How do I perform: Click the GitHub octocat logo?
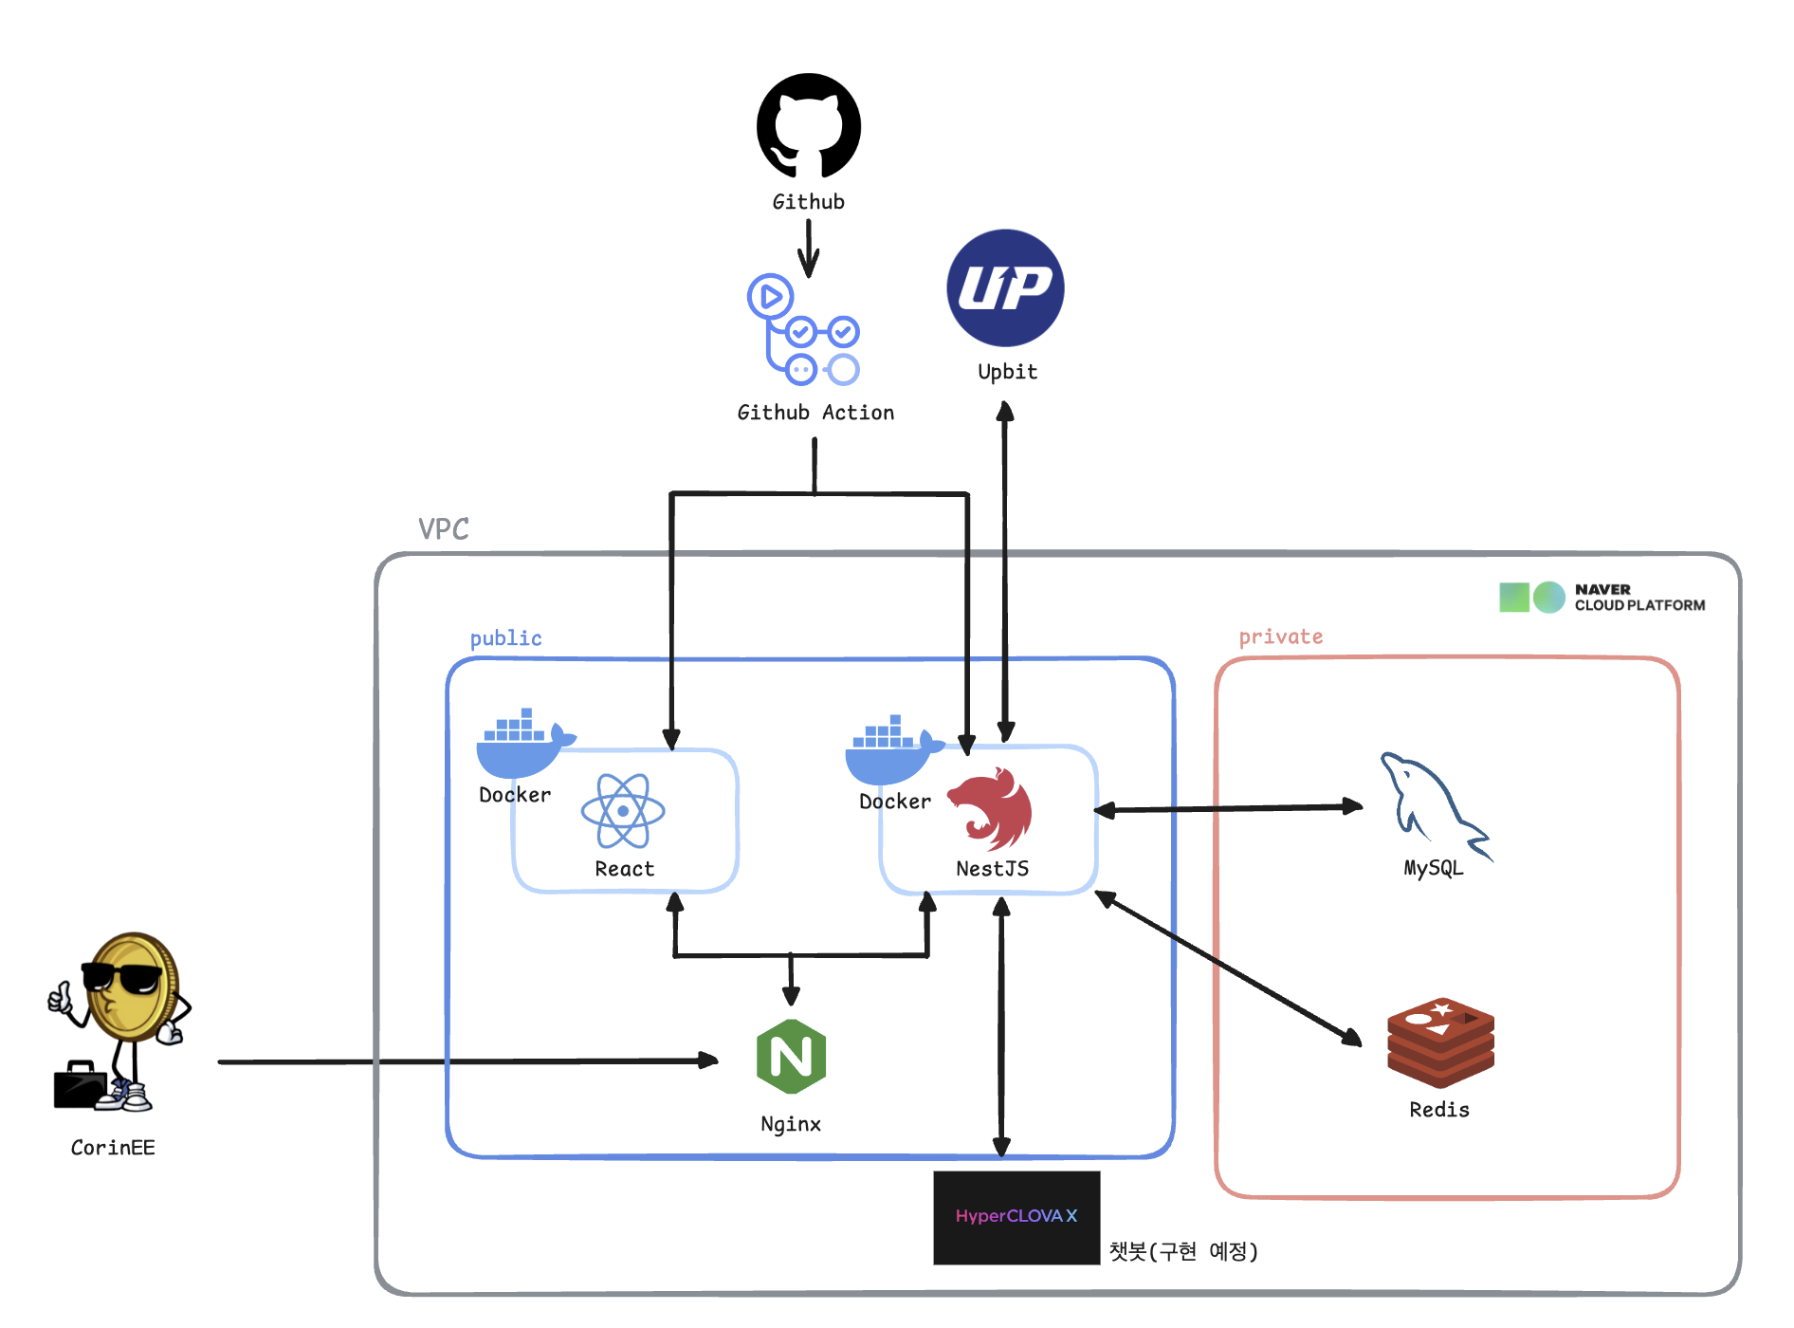click(808, 125)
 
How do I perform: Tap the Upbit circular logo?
click(1005, 287)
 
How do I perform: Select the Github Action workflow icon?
click(804, 330)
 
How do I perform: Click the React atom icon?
click(623, 811)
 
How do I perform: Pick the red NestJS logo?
click(992, 809)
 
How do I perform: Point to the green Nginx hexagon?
click(791, 1056)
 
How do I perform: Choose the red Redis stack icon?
click(1440, 1042)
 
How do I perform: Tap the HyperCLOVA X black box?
click(1016, 1217)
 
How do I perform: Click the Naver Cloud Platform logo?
click(1602, 598)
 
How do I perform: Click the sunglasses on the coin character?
click(122, 978)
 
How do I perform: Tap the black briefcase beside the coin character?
click(80, 1086)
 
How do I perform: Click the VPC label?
click(444, 529)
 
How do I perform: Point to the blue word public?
click(506, 638)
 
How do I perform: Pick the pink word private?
click(1280, 636)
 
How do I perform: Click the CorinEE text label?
click(113, 1148)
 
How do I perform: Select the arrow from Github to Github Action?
click(808, 249)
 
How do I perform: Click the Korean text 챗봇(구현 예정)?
click(1183, 1251)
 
